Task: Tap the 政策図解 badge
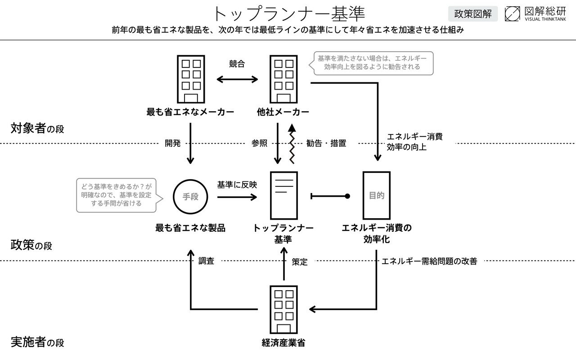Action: [472, 13]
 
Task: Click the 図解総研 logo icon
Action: [512, 13]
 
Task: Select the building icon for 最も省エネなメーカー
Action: [191, 79]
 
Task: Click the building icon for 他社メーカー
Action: [283, 79]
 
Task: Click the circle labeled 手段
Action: [191, 197]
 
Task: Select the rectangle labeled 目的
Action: [376, 195]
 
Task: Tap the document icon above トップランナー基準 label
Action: [283, 195]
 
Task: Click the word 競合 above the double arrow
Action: [237, 64]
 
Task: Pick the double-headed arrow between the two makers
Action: [237, 80]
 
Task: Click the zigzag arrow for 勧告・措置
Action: [292, 144]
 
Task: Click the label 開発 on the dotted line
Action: [173, 144]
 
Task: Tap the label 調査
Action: [207, 261]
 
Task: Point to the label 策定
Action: [300, 261]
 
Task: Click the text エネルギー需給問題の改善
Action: [429, 261]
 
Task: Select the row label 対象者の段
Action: [37, 129]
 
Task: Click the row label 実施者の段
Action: [37, 342]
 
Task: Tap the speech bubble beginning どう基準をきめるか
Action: [116, 194]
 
